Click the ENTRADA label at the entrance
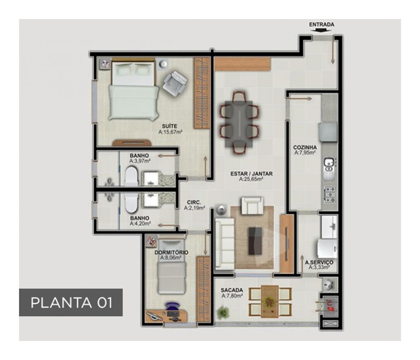(x=322, y=24)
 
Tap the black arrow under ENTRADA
(x=322, y=30)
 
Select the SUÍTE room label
(x=169, y=126)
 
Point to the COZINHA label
(x=305, y=147)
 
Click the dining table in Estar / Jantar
(x=239, y=124)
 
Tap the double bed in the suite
(x=134, y=90)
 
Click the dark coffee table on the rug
(x=255, y=241)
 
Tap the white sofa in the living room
(x=224, y=243)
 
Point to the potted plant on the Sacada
(x=223, y=312)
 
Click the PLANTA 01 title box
(x=71, y=303)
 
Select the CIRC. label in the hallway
(x=194, y=202)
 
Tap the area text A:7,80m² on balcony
(x=232, y=296)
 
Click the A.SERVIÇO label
(x=319, y=262)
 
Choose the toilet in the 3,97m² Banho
(x=131, y=176)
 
